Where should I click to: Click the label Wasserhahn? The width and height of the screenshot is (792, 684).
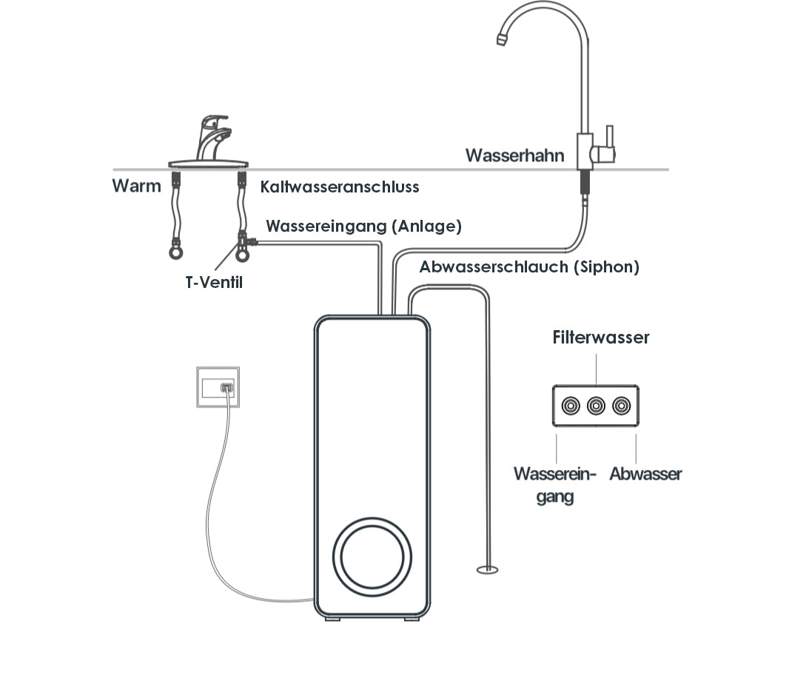514,155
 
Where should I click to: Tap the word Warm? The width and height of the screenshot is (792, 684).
136,185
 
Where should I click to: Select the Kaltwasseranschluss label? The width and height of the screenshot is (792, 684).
340,187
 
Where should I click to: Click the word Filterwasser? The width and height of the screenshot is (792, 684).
600,338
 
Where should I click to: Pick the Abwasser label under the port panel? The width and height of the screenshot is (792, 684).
645,474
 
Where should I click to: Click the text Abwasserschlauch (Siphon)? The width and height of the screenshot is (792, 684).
528,267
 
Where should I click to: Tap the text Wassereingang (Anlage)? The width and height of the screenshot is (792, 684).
363,227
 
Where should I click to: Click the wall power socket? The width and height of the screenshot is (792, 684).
218,386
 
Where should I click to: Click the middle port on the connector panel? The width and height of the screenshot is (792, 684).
596,406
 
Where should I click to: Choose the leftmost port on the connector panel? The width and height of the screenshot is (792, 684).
571,406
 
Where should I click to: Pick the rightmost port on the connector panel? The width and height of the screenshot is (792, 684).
621,406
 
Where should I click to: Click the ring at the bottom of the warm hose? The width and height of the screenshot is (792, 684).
176,253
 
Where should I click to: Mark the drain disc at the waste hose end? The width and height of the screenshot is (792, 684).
487,569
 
